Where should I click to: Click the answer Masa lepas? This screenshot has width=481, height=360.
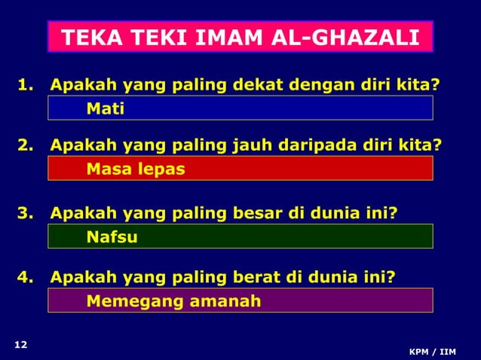[x=136, y=169]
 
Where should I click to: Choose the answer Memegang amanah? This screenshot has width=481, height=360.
[x=173, y=301]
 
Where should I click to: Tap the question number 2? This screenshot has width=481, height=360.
[x=24, y=145]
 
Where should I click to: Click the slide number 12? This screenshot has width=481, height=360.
[x=21, y=345]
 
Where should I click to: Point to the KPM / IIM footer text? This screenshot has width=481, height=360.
[x=432, y=352]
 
